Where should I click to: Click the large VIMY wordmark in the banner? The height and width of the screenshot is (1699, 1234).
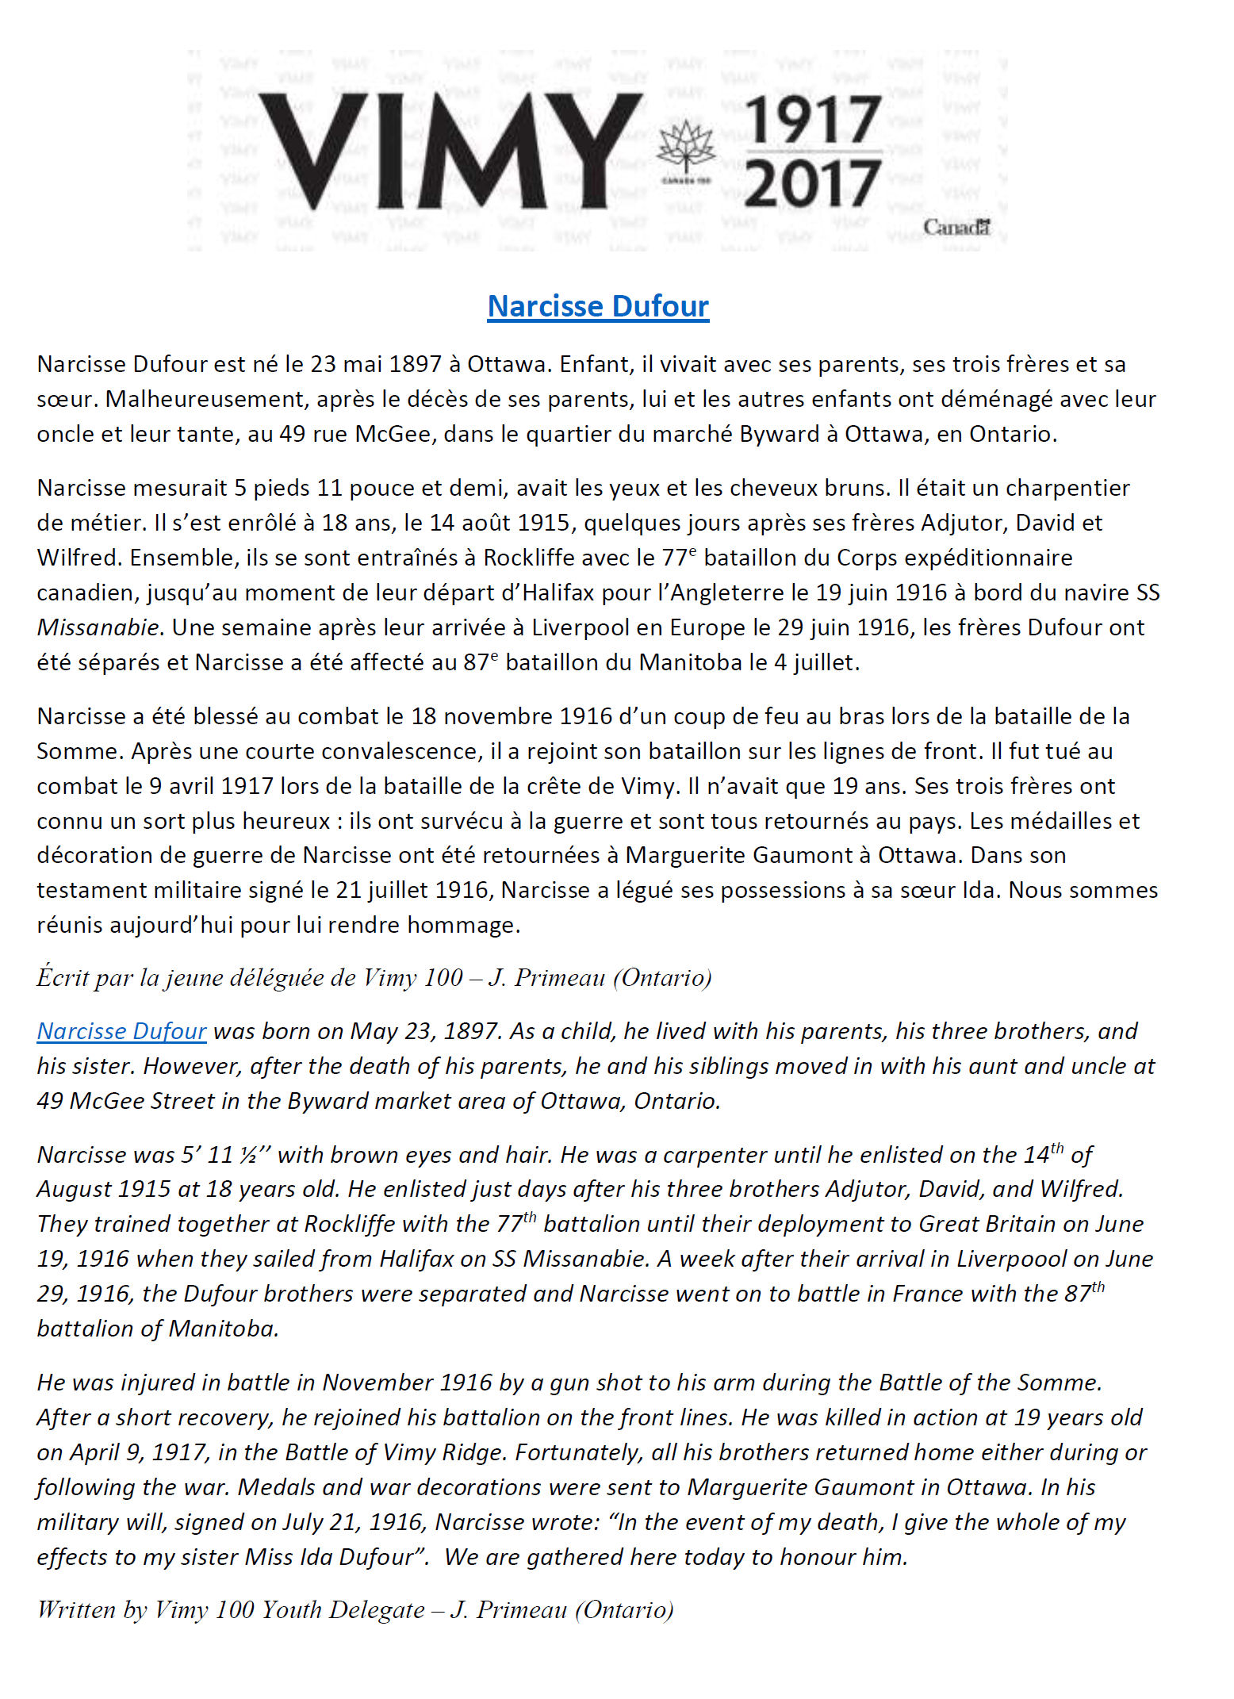[448, 151]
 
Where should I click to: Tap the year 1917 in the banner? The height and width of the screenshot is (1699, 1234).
[813, 121]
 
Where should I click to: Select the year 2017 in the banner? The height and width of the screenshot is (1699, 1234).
[813, 182]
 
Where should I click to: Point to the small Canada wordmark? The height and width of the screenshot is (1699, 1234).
[956, 228]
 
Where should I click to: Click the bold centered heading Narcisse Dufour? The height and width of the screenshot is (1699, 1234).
[598, 306]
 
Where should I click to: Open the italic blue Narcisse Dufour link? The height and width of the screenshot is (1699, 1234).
[121, 1030]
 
